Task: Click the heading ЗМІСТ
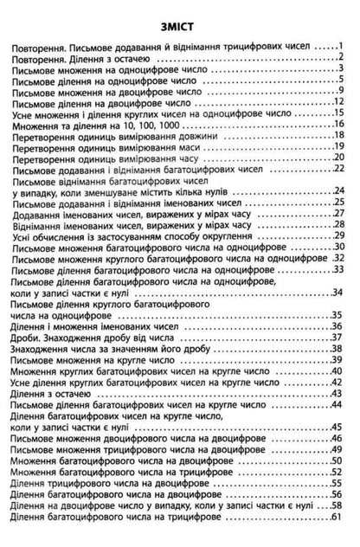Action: tap(180, 25)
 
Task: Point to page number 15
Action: tap(340, 113)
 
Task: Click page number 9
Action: tap(343, 90)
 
